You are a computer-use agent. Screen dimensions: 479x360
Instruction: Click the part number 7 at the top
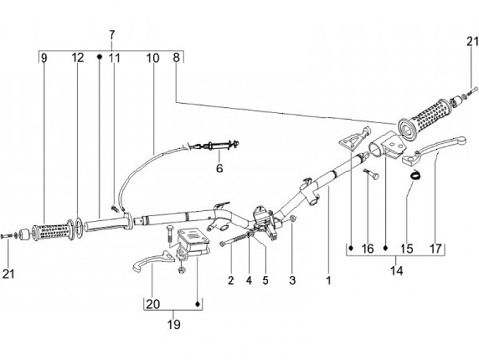pos(112,35)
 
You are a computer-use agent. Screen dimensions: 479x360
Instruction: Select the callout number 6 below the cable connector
pos(220,168)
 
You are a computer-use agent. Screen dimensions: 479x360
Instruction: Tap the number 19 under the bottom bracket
pos(174,324)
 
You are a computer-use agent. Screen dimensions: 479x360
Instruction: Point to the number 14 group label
pos(397,271)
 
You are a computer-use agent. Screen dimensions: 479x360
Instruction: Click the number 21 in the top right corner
pos(472,41)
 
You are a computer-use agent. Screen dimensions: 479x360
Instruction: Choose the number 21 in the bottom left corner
pos(9,273)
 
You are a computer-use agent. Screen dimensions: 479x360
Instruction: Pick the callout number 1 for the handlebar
pos(329,280)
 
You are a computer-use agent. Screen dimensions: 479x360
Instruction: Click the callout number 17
pos(435,248)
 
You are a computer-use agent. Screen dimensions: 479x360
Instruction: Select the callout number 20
pos(153,304)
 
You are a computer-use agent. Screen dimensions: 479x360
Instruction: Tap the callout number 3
pos(292,280)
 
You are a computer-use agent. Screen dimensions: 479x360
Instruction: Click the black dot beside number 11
pos(99,57)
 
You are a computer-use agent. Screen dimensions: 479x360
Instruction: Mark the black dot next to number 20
pos(198,304)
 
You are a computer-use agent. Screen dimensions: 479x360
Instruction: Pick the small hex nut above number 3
pos(292,218)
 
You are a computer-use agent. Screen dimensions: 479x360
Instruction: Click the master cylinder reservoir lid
pos(194,235)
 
